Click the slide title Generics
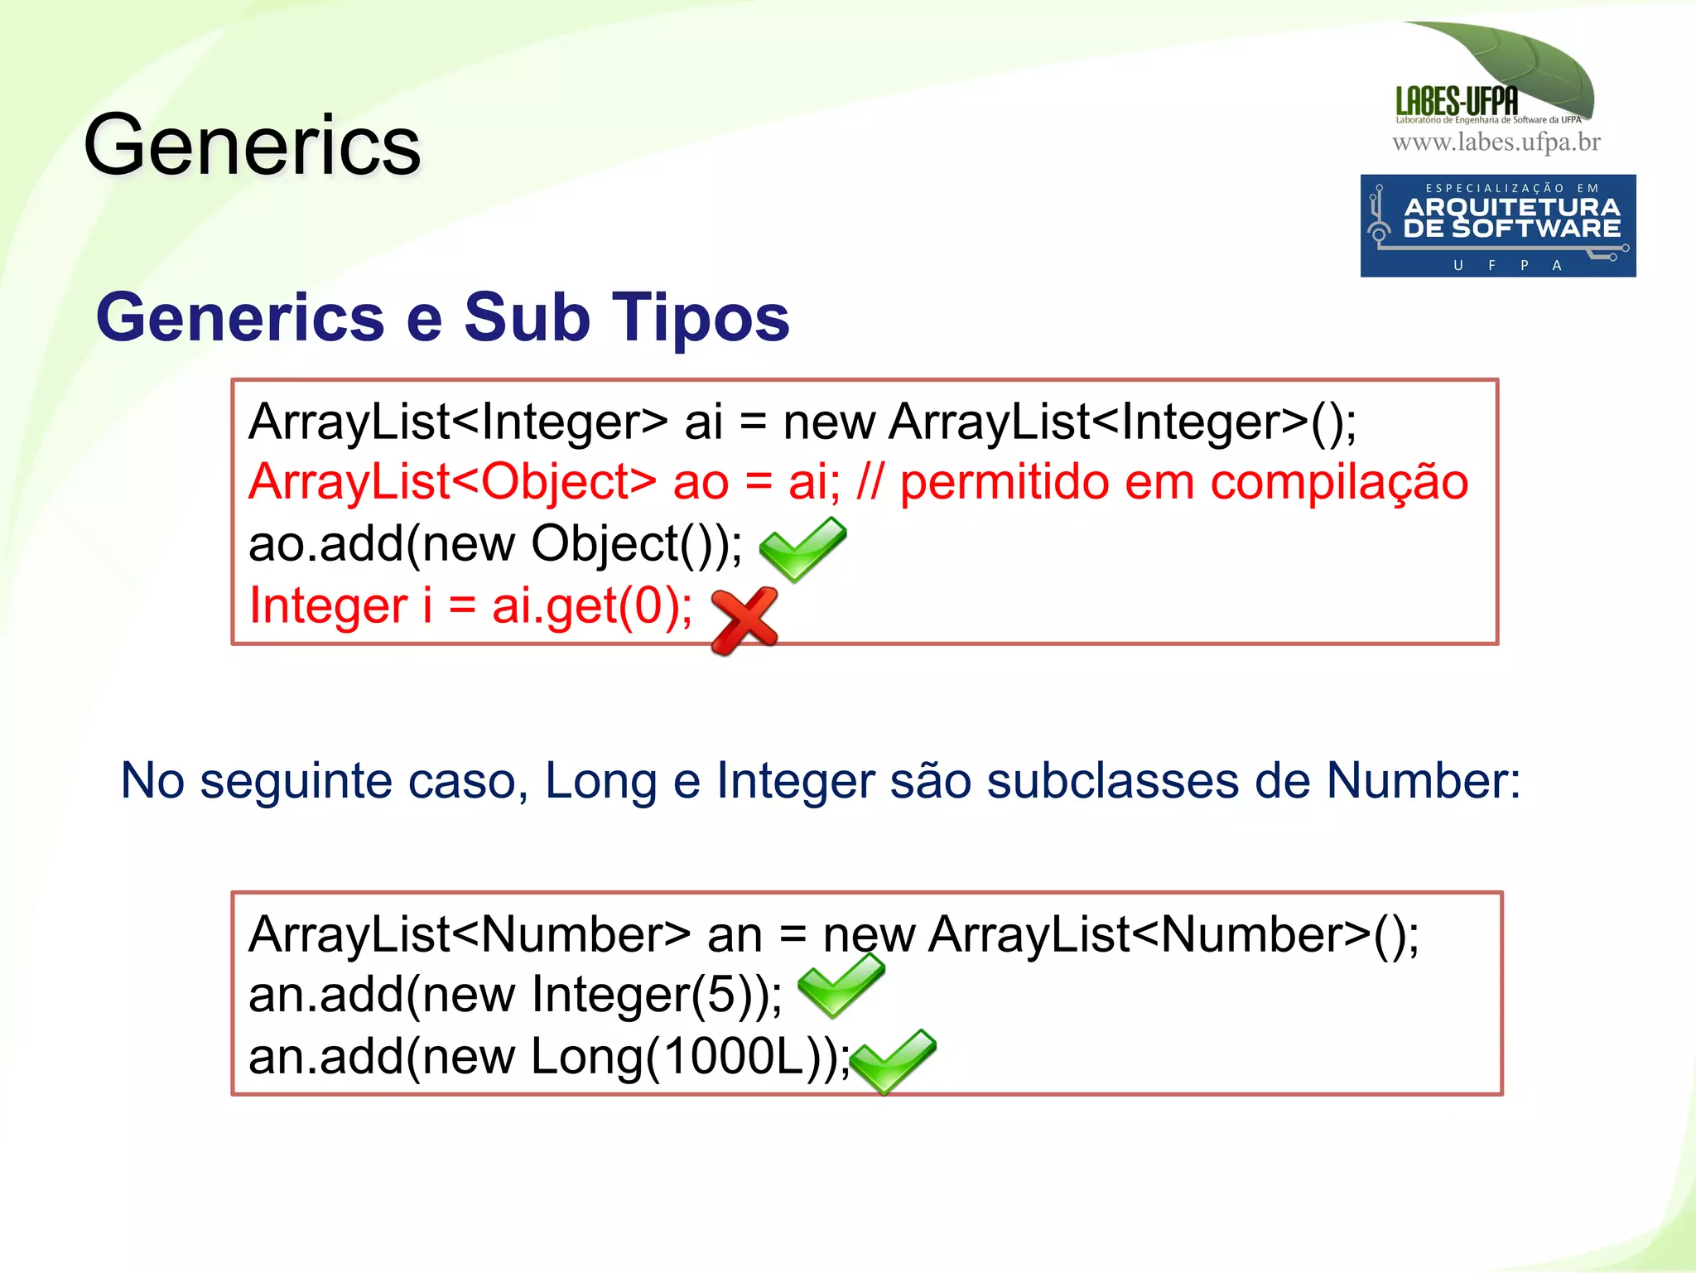point(253,146)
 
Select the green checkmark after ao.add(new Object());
point(802,548)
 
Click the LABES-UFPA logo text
point(1457,101)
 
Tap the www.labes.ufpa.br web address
point(1496,142)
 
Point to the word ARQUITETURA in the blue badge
point(1511,207)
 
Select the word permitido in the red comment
point(1004,483)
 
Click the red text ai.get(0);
point(592,605)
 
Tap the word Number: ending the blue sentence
point(1423,780)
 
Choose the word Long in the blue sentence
point(600,780)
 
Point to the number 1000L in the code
point(734,1058)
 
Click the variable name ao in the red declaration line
point(701,483)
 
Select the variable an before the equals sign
point(734,935)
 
